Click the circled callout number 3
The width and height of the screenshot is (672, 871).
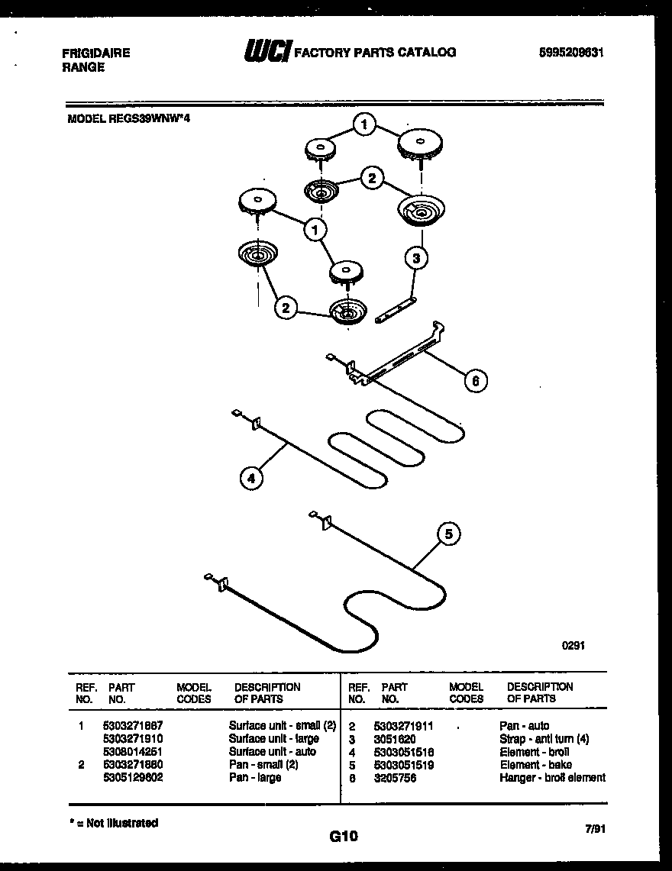click(x=415, y=258)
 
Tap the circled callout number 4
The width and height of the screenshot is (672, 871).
click(x=250, y=478)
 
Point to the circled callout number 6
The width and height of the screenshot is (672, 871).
click(x=475, y=380)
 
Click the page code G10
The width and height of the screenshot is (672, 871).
click(x=344, y=837)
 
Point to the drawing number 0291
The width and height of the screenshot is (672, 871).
click(x=573, y=644)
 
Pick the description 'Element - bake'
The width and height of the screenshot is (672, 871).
click(x=535, y=764)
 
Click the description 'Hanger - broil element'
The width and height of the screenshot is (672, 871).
click(x=552, y=777)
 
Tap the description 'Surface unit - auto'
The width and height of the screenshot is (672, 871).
click(x=272, y=751)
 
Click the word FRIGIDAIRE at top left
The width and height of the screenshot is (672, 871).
click(x=95, y=53)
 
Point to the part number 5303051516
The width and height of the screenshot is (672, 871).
click(x=403, y=751)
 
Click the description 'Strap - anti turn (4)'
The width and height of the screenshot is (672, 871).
click(x=544, y=739)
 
